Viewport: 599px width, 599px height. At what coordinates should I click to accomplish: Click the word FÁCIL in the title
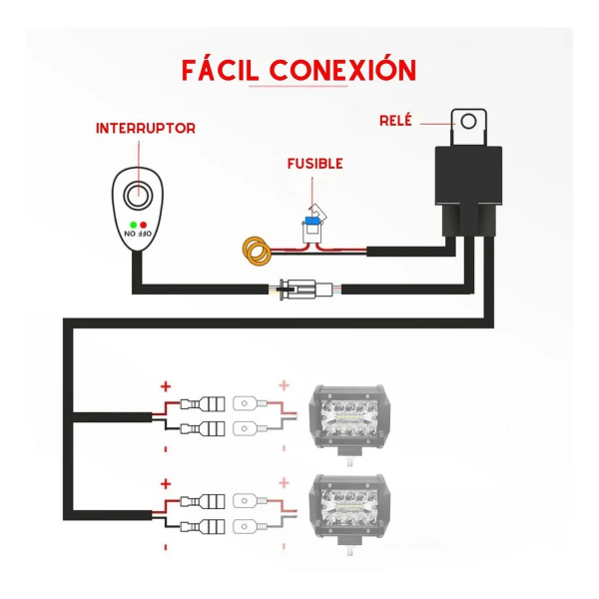point(220,70)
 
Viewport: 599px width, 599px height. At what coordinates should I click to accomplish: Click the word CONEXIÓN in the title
point(342,69)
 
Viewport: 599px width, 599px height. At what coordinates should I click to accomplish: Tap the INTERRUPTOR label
point(146,129)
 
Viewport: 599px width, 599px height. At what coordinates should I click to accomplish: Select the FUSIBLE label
point(315,164)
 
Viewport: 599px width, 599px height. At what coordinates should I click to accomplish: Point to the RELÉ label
point(395,121)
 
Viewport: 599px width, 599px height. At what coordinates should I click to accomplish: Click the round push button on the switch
point(138,197)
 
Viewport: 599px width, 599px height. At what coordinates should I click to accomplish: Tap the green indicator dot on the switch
point(134,225)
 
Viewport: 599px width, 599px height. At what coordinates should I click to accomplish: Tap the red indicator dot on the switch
point(143,225)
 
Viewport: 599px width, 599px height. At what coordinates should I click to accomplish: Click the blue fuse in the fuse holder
point(312,221)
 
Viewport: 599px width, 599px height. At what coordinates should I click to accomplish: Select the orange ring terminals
point(257,251)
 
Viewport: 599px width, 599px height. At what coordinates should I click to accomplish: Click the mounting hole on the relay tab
point(469,122)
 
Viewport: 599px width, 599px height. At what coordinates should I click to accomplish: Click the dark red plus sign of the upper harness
point(166,386)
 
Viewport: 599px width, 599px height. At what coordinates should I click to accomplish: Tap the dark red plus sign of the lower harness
point(166,484)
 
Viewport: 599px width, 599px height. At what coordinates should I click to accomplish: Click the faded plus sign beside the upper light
point(284,385)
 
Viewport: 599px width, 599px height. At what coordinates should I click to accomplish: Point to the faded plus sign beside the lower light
point(284,483)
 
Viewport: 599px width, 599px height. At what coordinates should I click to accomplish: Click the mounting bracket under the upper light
point(349,457)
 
